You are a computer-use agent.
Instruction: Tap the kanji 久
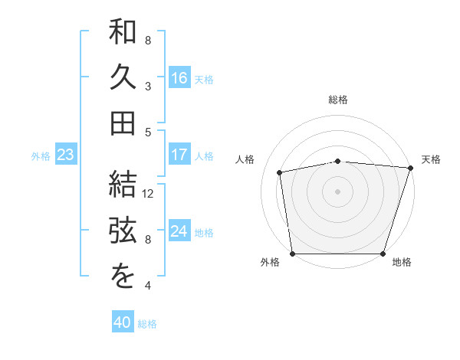(123, 77)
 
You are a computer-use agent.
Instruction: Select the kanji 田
(123, 123)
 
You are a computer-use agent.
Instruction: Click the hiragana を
(123, 277)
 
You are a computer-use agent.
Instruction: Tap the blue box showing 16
(179, 78)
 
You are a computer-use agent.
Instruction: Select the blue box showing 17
(179, 155)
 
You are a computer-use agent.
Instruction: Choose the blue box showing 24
(179, 232)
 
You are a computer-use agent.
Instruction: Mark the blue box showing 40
(123, 322)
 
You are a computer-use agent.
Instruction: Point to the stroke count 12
(149, 193)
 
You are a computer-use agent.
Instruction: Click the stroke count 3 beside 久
(148, 86)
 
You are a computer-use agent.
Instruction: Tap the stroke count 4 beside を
(148, 286)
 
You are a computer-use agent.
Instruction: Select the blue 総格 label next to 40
(147, 323)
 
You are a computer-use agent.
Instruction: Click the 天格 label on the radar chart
(431, 159)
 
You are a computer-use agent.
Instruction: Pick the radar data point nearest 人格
(280, 172)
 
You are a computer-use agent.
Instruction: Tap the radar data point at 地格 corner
(383, 254)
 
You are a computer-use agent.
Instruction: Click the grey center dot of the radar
(337, 191)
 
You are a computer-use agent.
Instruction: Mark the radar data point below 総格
(337, 161)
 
